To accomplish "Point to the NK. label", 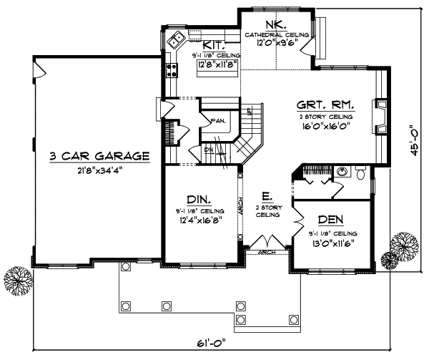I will [x=276, y=25].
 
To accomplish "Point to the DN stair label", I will [x=209, y=150].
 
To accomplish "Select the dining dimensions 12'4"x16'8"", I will [x=196, y=221].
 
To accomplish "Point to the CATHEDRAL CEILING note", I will [x=277, y=34].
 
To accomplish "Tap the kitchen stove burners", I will [x=172, y=70].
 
